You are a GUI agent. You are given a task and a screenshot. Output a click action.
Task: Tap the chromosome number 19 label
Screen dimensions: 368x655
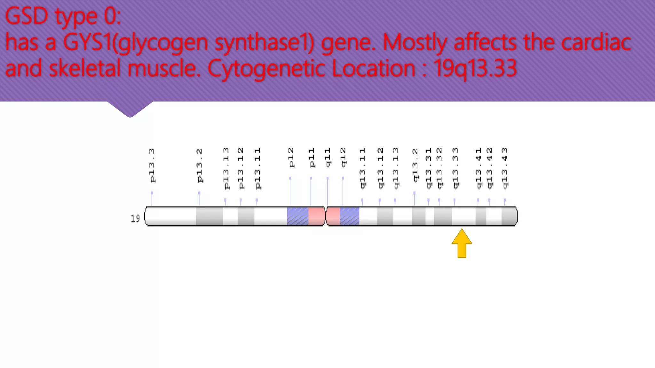click(x=135, y=219)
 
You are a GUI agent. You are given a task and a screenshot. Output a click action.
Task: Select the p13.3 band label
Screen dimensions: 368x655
click(x=152, y=165)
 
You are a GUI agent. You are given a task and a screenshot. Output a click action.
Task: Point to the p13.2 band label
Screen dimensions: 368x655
click(x=200, y=165)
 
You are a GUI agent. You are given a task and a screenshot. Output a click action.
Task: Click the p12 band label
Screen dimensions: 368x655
click(x=291, y=157)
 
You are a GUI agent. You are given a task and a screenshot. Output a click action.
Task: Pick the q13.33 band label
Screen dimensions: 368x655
click(x=455, y=168)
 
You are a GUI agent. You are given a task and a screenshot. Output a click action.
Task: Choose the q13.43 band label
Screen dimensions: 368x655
click(x=505, y=168)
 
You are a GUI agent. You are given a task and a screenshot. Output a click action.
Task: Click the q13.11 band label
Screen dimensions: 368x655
click(x=362, y=168)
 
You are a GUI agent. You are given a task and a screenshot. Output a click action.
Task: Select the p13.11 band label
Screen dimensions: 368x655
click(x=257, y=168)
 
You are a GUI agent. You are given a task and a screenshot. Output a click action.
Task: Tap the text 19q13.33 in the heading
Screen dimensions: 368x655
click(x=475, y=68)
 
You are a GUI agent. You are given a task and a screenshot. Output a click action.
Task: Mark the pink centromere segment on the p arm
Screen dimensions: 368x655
click(x=316, y=216)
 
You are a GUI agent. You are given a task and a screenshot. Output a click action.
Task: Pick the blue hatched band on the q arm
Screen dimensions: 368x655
click(x=349, y=216)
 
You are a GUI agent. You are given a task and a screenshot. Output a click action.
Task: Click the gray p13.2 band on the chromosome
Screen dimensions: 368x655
click(x=209, y=216)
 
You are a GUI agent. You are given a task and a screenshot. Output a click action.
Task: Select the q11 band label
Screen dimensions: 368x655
click(x=328, y=157)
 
